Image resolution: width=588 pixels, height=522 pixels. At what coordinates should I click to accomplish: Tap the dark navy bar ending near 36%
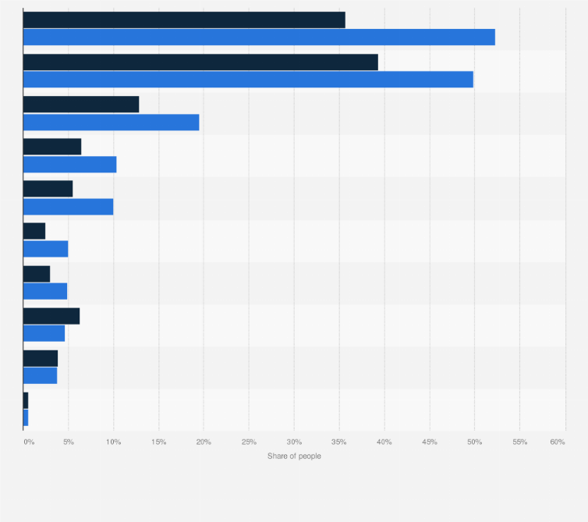184,20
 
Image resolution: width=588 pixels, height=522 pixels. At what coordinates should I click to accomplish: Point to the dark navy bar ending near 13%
81,105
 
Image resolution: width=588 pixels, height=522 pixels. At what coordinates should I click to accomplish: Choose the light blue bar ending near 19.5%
111,122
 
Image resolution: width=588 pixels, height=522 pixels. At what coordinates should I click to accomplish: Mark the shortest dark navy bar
26,399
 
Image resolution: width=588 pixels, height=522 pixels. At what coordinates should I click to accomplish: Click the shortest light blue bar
26,417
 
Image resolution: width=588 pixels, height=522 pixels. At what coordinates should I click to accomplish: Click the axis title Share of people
294,456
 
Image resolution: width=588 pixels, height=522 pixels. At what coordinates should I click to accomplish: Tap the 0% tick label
29,442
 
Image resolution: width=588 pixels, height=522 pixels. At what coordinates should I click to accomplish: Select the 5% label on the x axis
69,442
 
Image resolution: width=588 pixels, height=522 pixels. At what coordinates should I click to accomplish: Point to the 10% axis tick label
113,442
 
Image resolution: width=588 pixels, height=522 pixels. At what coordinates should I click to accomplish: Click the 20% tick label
204,442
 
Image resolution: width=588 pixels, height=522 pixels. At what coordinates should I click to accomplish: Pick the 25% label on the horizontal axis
249,442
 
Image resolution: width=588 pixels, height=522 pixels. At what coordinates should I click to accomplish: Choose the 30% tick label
294,442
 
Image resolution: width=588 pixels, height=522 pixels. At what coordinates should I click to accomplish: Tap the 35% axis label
339,442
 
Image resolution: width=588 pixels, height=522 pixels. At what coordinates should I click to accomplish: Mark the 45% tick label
430,442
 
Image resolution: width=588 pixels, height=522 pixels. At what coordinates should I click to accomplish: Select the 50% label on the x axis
475,442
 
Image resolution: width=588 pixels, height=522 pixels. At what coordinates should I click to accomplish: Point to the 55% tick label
520,442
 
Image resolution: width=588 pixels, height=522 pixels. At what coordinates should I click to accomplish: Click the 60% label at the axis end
557,442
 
